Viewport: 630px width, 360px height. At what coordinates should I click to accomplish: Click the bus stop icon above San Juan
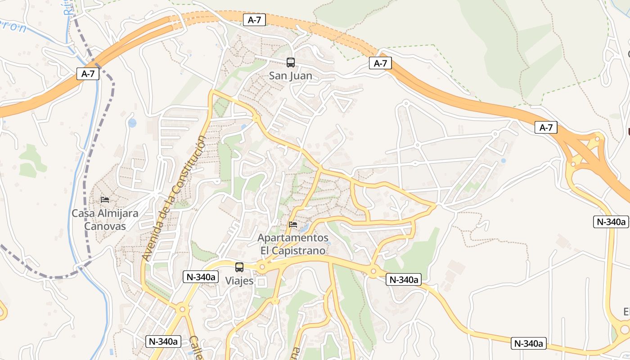[291, 63]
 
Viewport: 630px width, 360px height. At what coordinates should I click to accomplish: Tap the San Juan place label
[290, 76]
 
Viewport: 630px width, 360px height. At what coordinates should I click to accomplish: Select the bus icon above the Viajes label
[239, 267]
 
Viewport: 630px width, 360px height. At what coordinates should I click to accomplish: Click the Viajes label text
[239, 281]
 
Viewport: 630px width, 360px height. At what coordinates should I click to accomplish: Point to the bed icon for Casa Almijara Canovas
[105, 199]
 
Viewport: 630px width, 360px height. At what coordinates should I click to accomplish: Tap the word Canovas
[105, 226]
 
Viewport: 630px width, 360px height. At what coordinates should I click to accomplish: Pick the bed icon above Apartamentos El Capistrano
[293, 224]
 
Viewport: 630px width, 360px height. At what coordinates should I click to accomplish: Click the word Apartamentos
[292, 237]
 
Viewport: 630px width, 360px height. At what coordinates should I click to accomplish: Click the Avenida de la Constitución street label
[174, 198]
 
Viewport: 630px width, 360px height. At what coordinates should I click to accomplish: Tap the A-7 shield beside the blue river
[88, 74]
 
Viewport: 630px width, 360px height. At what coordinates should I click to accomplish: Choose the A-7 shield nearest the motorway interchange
[546, 128]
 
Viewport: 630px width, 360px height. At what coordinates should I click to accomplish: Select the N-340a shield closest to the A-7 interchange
[611, 221]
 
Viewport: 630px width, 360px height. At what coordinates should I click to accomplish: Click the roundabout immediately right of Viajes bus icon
[262, 267]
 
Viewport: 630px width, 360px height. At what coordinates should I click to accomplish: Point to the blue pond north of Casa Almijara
[132, 123]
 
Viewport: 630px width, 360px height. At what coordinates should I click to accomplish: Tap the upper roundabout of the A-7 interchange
[597, 139]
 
